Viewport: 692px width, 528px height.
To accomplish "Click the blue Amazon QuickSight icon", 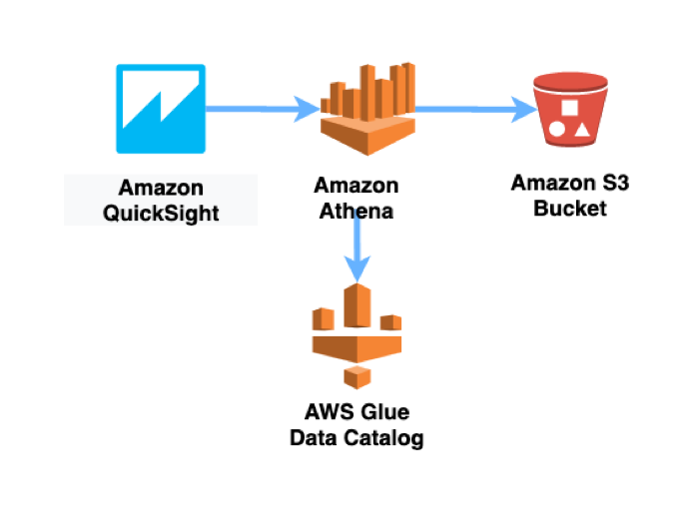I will tap(161, 109).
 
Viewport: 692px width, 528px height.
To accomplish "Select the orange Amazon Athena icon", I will tap(366, 105).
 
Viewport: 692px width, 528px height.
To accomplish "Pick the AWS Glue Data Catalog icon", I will tap(355, 335).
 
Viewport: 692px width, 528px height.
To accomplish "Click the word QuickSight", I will tap(161, 211).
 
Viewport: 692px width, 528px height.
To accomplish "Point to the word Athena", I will tap(356, 211).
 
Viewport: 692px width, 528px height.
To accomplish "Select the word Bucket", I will tap(569, 209).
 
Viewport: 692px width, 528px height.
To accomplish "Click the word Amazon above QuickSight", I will tap(161, 187).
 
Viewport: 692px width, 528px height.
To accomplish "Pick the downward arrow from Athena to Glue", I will tap(355, 250).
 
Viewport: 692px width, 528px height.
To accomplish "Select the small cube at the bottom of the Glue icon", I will tap(356, 376).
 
